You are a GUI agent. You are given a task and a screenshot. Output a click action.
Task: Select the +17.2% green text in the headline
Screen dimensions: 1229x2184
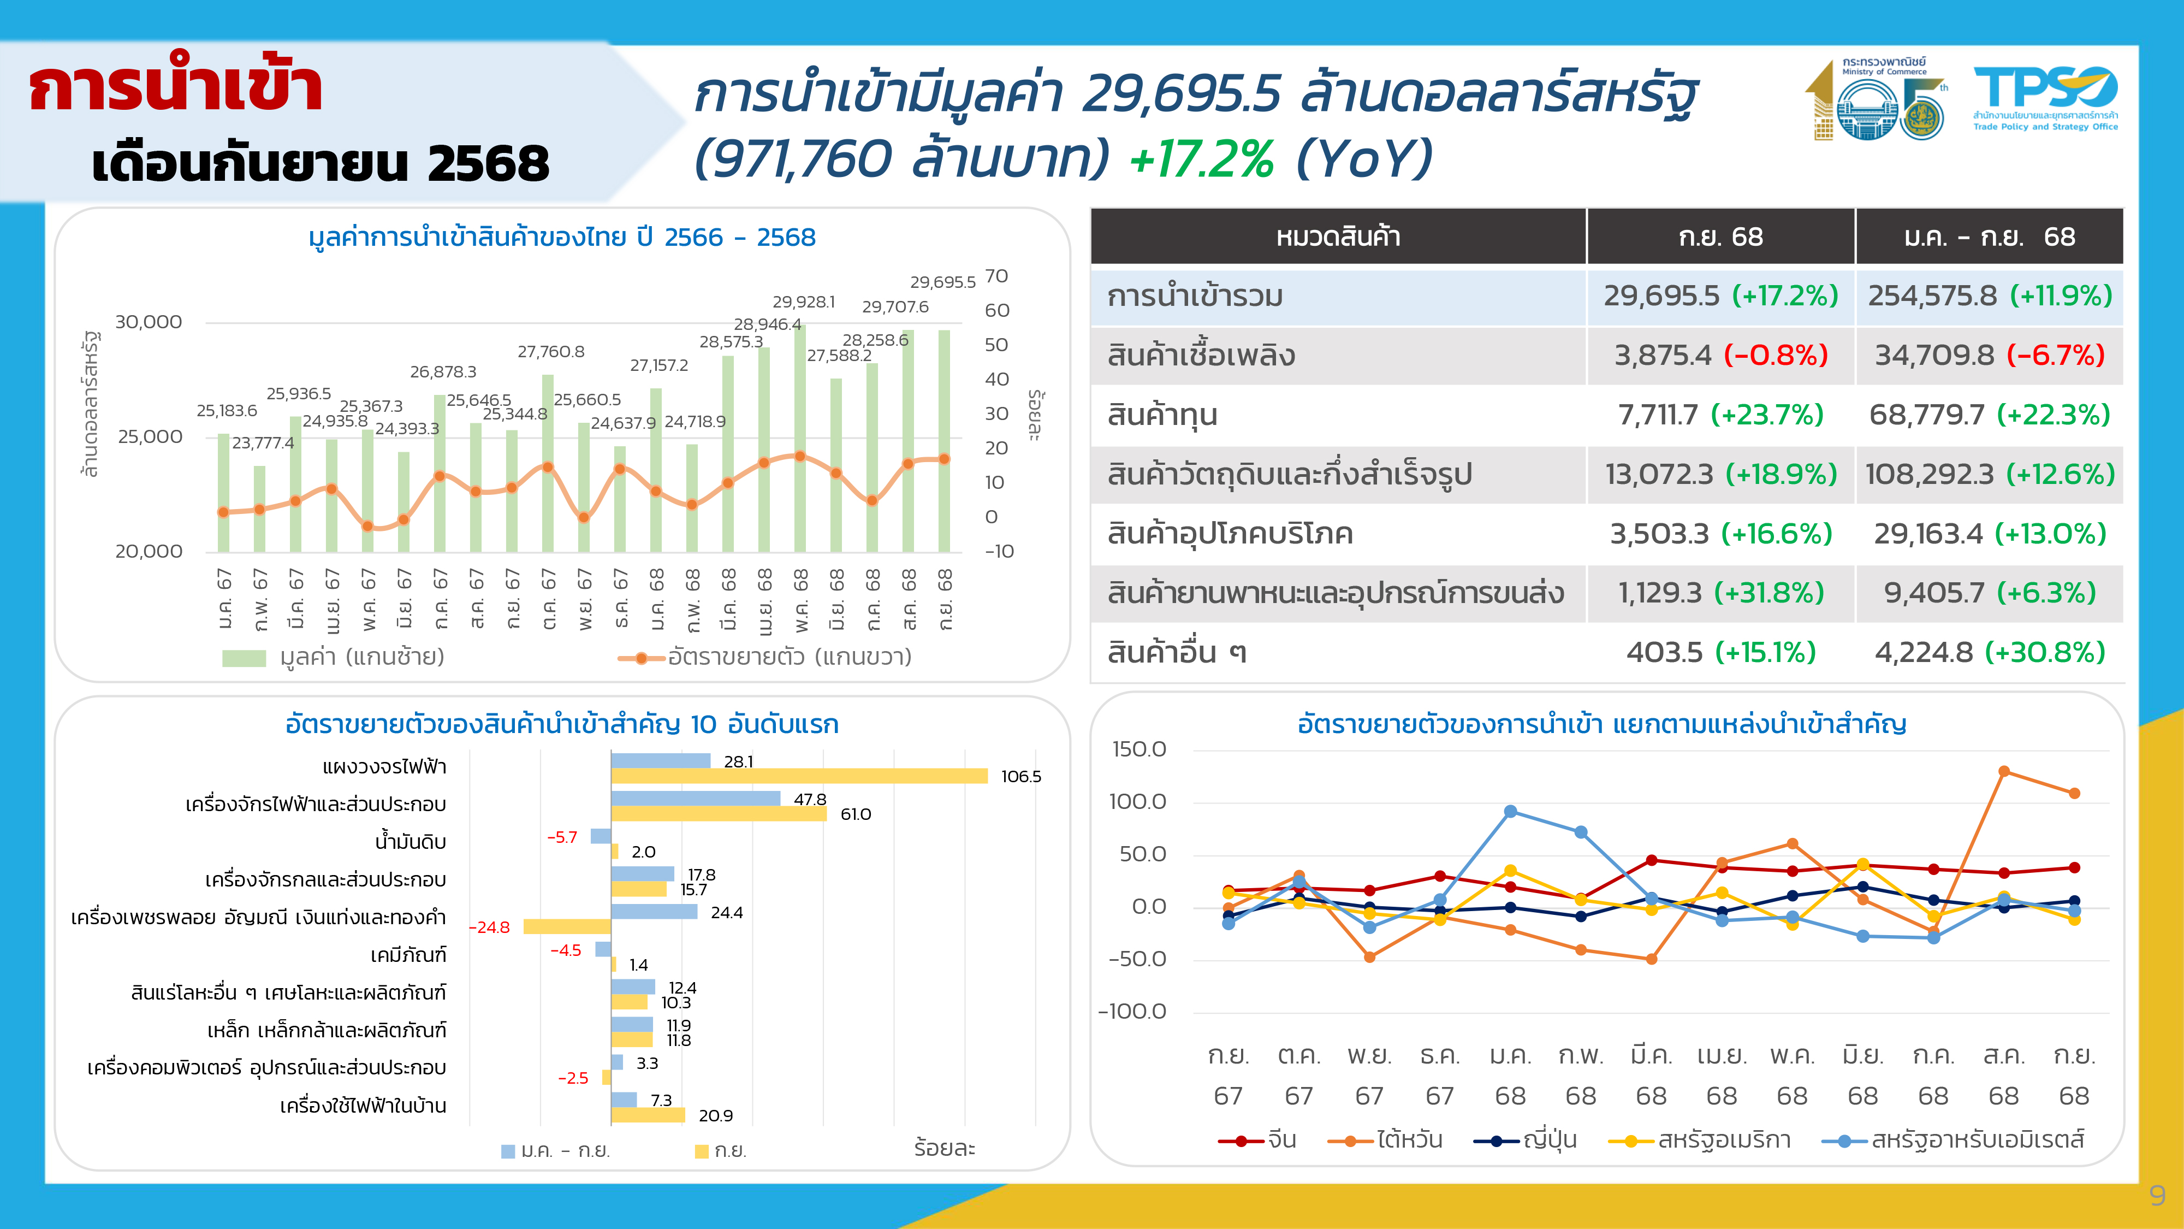tap(1201, 158)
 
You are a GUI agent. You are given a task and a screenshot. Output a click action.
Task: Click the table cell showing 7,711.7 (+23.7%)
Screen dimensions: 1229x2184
tap(1720, 415)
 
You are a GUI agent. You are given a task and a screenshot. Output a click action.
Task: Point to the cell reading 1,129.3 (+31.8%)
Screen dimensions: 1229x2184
tap(1720, 593)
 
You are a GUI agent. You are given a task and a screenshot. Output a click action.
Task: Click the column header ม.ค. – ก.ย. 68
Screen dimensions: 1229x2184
tap(1989, 237)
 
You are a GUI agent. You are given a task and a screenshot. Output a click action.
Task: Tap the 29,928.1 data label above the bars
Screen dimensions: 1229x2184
tap(803, 302)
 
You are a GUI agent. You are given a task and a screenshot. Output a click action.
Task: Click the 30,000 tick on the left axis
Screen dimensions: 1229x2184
tap(149, 322)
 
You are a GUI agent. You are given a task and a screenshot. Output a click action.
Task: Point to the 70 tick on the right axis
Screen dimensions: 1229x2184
tap(996, 276)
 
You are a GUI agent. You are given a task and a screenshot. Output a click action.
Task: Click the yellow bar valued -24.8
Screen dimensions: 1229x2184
tap(566, 927)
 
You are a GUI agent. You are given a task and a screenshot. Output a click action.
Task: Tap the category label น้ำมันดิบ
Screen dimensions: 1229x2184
tap(411, 842)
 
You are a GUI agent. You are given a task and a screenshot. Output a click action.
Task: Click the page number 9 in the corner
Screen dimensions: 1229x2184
tap(2157, 1196)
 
